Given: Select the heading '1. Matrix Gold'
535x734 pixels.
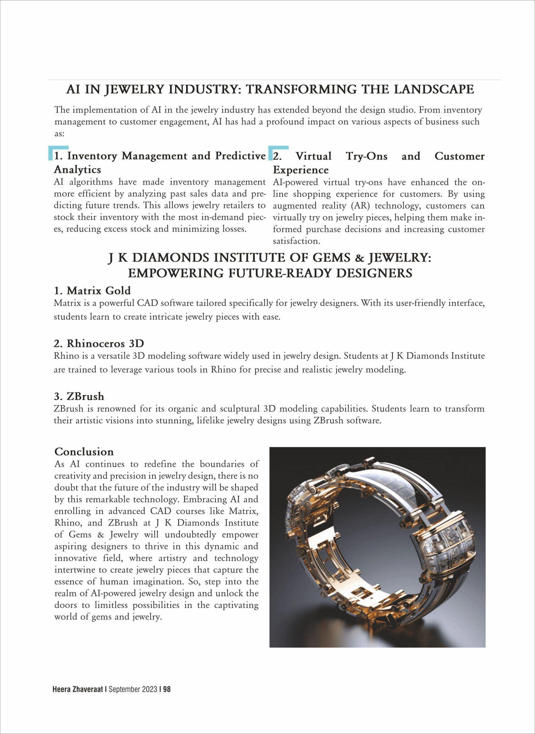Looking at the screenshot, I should [x=92, y=290].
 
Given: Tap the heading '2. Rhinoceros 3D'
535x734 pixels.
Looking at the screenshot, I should [x=99, y=343].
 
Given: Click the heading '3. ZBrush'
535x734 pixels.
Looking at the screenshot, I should [x=79, y=396].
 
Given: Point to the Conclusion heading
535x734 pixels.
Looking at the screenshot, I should [x=84, y=451].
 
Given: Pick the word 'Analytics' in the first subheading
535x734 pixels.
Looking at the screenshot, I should [x=77, y=169].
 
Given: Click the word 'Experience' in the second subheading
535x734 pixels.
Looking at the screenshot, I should [x=301, y=170].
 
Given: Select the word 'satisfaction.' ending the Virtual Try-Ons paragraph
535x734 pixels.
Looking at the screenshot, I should [x=296, y=241].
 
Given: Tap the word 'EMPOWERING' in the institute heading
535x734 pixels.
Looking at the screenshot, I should [x=174, y=273].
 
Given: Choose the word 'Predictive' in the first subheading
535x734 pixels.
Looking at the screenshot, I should [x=241, y=156].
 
